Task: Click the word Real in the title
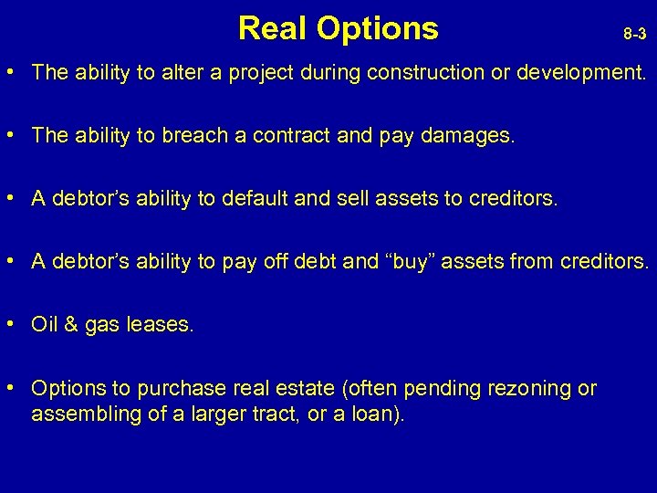(x=272, y=28)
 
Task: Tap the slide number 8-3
(x=635, y=35)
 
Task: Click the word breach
(x=186, y=136)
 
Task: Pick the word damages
(x=472, y=136)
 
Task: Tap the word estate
(x=307, y=388)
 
